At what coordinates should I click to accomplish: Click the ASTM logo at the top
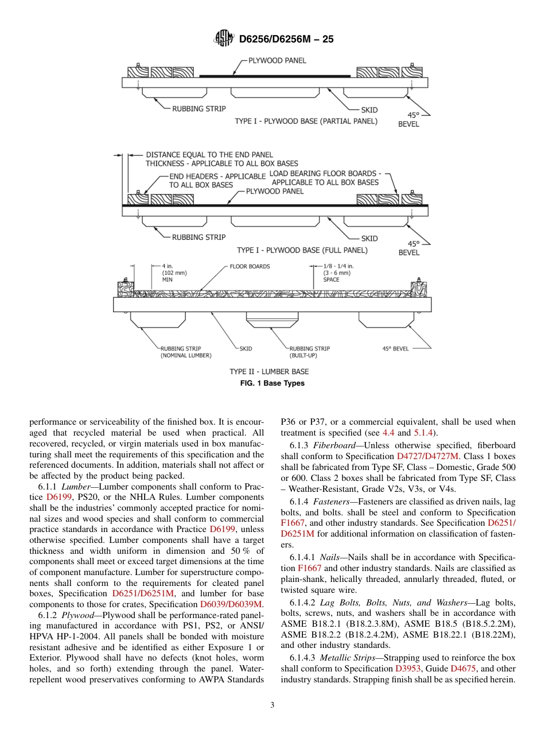click(223, 38)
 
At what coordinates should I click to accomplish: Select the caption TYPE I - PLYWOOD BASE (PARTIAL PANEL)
click(306, 121)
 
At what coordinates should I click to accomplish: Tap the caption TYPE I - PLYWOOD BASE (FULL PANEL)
click(302, 250)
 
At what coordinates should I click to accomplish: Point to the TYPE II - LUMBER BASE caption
click(269, 371)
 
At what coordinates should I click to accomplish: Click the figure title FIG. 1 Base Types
click(272, 383)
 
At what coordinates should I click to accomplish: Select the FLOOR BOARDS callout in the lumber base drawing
click(250, 266)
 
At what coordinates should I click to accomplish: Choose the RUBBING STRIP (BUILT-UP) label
click(309, 352)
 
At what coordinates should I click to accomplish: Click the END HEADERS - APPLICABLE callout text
click(217, 181)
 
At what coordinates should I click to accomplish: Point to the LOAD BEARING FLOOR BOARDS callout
click(325, 178)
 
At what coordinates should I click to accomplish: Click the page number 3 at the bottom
click(272, 705)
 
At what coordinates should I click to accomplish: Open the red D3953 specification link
click(410, 669)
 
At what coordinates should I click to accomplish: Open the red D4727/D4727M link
click(427, 456)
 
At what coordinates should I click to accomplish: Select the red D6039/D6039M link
click(231, 604)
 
